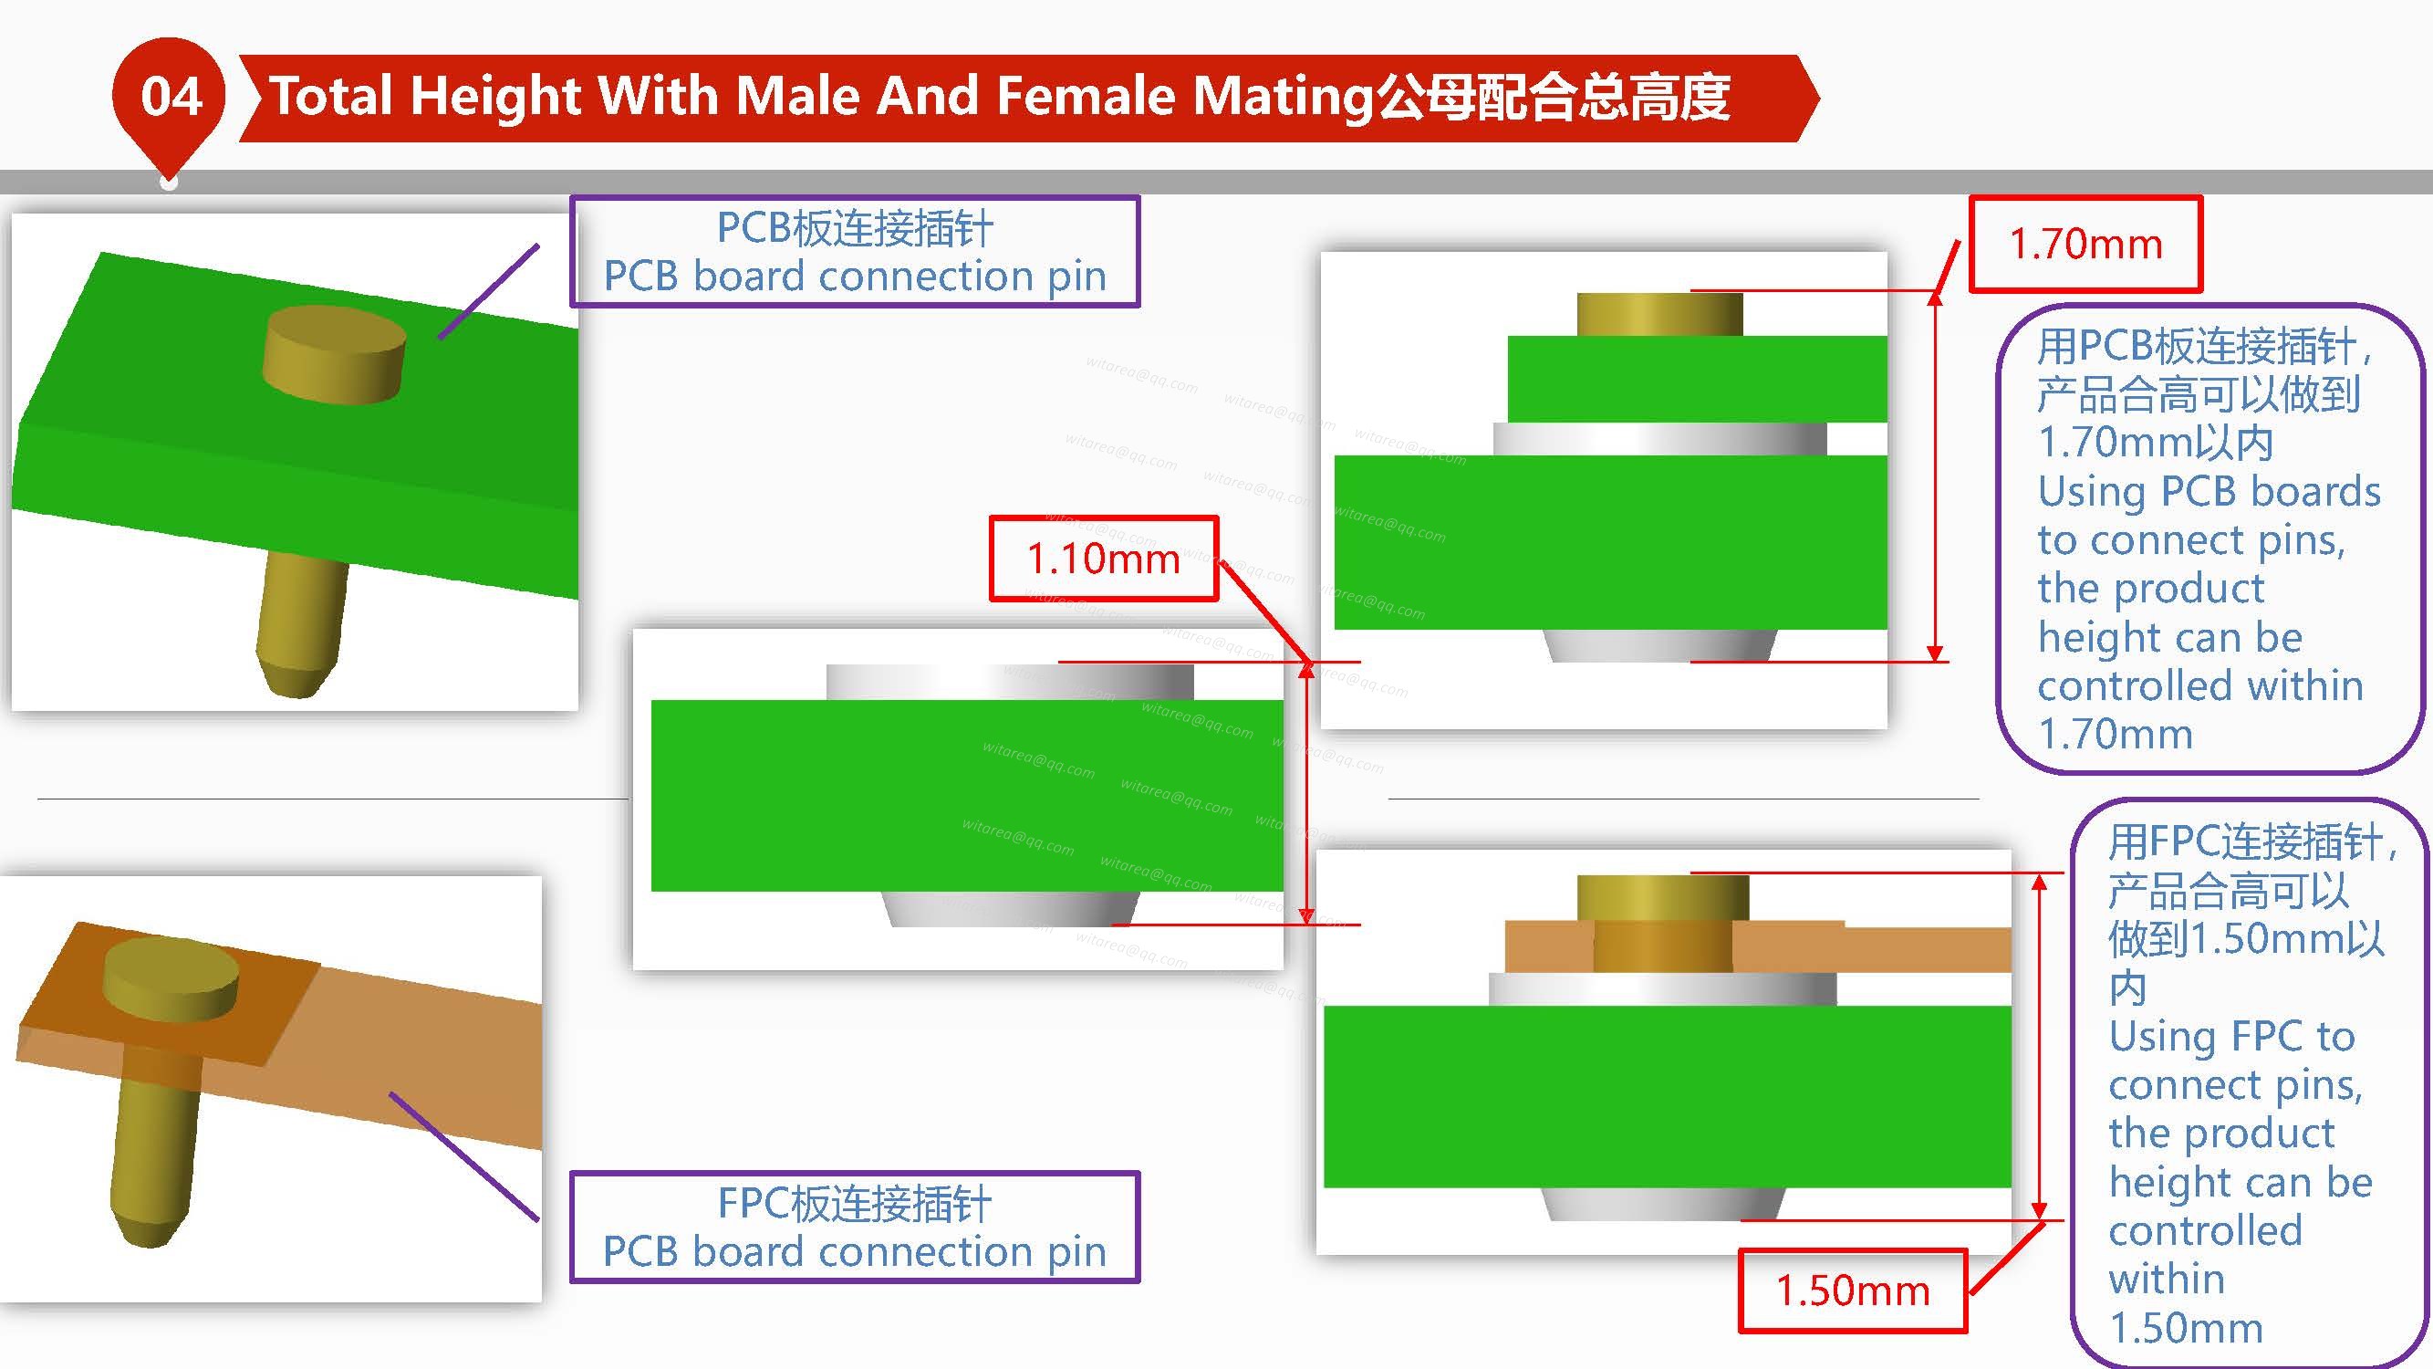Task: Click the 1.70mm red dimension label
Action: (2085, 244)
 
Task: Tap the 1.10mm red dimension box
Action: (1103, 559)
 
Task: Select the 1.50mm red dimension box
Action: (1852, 1291)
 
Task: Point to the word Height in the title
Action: (495, 99)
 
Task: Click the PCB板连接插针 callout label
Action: (855, 251)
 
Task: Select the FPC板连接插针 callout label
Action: (855, 1227)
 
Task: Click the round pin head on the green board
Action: (333, 354)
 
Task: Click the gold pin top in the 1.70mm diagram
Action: (1659, 314)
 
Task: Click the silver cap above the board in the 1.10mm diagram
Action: (1010, 682)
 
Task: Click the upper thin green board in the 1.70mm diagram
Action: (1697, 379)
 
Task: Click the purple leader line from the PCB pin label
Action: (488, 291)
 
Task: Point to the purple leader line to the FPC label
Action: (463, 1156)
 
